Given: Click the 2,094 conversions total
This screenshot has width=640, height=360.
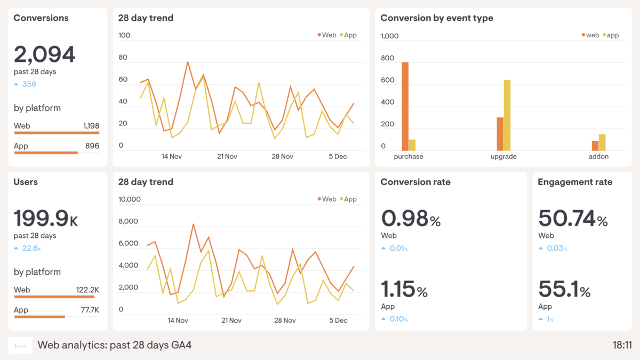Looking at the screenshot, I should click(44, 54).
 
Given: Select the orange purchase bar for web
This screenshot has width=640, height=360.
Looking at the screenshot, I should click(405, 106).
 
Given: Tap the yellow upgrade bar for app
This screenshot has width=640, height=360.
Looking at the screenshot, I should click(507, 115).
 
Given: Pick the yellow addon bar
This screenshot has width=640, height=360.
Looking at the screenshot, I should click(602, 142).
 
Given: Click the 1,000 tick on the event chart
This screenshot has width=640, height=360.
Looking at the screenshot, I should click(389, 36).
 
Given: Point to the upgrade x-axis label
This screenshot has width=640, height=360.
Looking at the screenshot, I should click(503, 157).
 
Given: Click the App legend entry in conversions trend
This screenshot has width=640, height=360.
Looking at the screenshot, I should click(348, 35).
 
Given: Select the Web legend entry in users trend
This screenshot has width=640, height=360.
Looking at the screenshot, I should click(326, 199).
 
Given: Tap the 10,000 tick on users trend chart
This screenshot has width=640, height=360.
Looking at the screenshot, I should click(129, 199).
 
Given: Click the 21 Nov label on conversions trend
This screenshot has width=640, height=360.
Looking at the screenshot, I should click(227, 157).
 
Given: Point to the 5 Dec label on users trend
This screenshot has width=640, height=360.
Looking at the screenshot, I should click(338, 321).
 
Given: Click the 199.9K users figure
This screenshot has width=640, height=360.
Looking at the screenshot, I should click(46, 219).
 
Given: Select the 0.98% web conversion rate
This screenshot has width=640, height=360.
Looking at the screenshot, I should click(411, 219).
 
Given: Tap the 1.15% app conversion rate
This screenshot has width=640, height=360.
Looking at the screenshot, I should click(404, 290).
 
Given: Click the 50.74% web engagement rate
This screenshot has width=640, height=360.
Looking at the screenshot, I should click(572, 219).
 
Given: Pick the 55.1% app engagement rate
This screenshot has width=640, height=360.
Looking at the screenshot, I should click(564, 290).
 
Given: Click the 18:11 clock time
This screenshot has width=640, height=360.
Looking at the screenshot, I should click(622, 345).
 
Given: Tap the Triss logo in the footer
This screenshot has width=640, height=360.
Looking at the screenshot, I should click(20, 346).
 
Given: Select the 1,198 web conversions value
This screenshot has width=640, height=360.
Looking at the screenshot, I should click(91, 126).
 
